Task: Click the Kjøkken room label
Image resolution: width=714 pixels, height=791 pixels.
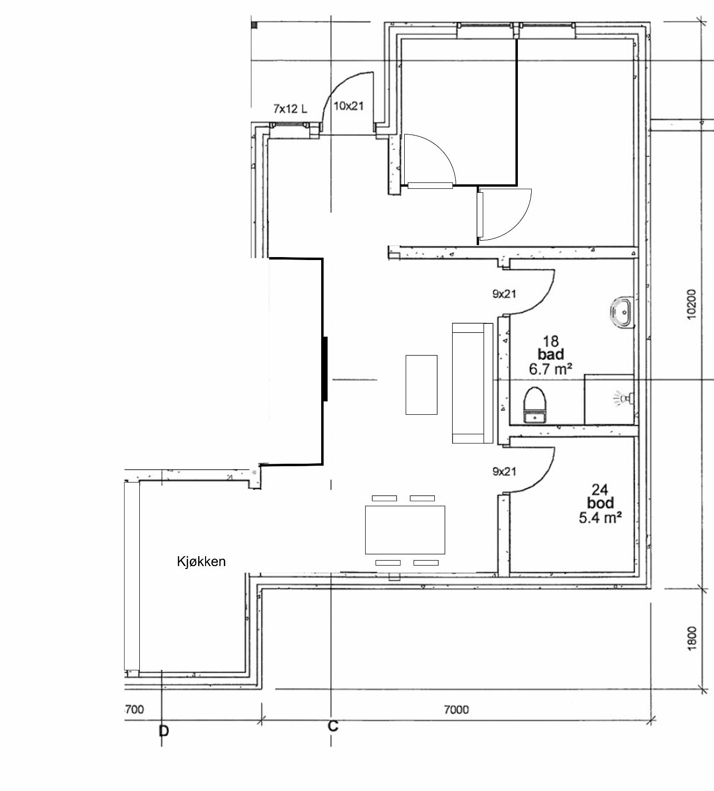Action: (x=201, y=561)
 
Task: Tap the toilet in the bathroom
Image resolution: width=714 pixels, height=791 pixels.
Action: (x=534, y=405)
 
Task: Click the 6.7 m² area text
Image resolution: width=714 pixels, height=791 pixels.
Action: (x=551, y=368)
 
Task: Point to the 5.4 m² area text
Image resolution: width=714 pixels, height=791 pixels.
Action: (x=599, y=517)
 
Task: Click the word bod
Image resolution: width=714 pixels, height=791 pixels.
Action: (x=600, y=503)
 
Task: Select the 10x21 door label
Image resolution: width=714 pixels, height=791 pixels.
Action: (x=349, y=106)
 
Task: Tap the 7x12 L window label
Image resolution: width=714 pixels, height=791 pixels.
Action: (x=290, y=108)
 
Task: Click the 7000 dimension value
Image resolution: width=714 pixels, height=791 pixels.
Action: (x=456, y=710)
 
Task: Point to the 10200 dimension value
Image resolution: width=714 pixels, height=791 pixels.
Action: (x=691, y=304)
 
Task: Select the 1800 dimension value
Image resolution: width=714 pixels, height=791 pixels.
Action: (x=691, y=638)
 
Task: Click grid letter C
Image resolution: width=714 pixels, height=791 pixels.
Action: (x=333, y=726)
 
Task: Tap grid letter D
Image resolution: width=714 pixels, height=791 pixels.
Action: (x=164, y=731)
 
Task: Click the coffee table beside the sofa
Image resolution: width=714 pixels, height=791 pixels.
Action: (x=421, y=385)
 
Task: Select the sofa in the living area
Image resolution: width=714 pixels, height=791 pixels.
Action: (x=472, y=383)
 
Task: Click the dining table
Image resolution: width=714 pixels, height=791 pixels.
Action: (x=405, y=529)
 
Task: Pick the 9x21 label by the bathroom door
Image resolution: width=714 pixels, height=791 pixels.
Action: (x=504, y=294)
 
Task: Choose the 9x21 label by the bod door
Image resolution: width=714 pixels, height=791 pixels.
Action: (x=504, y=472)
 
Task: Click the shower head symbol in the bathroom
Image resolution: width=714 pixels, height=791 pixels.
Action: (x=624, y=397)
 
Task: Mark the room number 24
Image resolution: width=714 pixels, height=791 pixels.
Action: (x=600, y=489)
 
